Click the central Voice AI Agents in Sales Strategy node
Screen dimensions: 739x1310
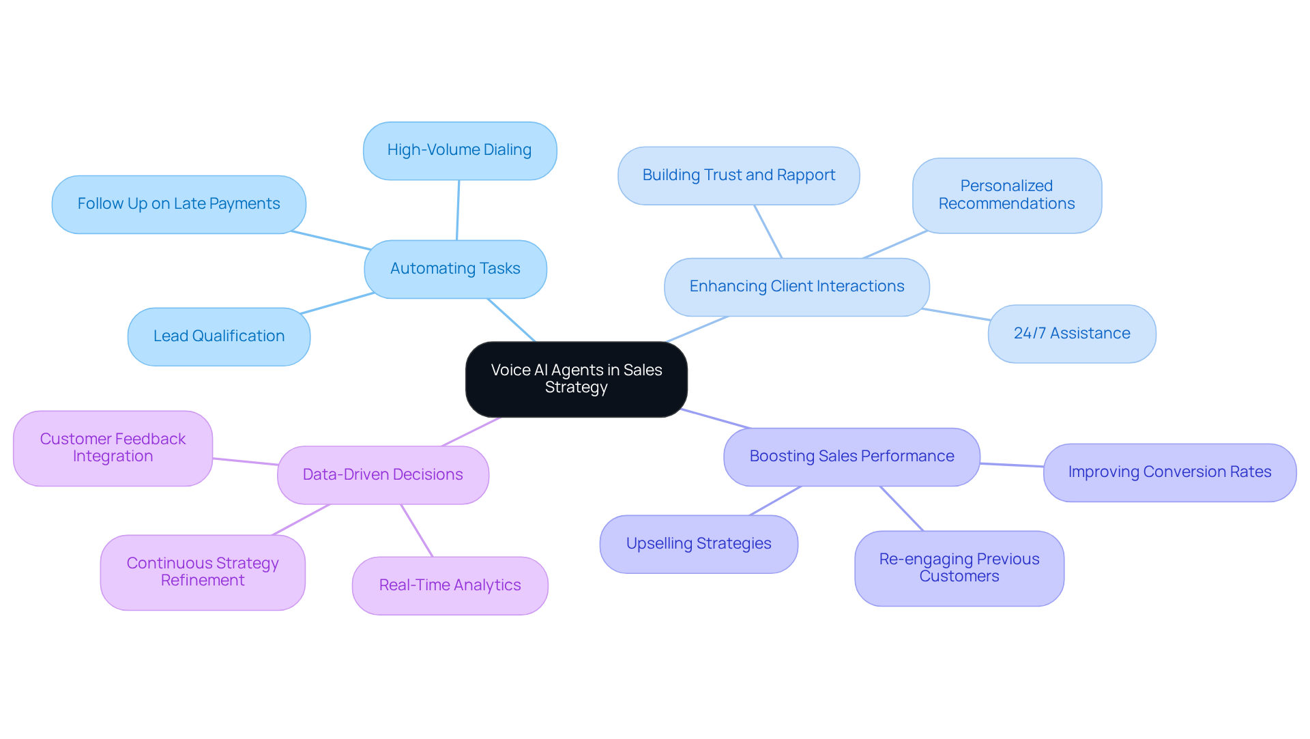click(x=576, y=379)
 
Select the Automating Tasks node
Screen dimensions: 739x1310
click(x=455, y=269)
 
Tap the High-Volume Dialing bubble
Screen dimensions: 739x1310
click(x=459, y=150)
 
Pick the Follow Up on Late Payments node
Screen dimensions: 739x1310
click(x=179, y=204)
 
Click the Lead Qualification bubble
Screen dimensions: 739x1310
click(x=218, y=336)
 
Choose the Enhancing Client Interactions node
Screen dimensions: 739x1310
click(x=796, y=287)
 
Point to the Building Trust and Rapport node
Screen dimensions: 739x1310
click(x=738, y=175)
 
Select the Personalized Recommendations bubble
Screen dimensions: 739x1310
click(x=1006, y=195)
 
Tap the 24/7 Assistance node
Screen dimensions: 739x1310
click(x=1071, y=334)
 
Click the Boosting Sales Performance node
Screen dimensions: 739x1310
click(x=851, y=457)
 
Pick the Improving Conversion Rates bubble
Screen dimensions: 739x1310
click(x=1169, y=472)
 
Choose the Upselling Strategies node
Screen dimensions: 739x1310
click(x=698, y=544)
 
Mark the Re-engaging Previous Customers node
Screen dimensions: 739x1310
click(x=959, y=568)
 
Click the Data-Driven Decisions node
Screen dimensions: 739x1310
click(x=383, y=475)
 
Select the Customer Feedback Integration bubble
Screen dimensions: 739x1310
click(x=113, y=448)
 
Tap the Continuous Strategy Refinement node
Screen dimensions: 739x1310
click(x=203, y=572)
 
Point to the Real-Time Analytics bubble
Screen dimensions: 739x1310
click(x=450, y=585)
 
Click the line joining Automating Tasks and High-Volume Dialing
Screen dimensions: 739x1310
click(x=458, y=210)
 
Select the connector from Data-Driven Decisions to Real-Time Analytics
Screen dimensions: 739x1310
click(x=417, y=531)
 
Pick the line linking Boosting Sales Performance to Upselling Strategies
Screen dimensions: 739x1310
click(x=775, y=501)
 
